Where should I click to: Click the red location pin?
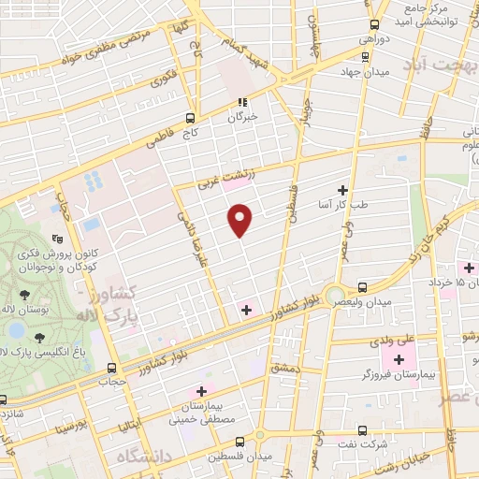(240, 218)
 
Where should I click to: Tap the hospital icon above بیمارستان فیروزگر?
(399, 358)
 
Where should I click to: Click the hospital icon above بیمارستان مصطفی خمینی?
(200, 390)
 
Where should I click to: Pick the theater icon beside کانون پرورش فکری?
(57, 238)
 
